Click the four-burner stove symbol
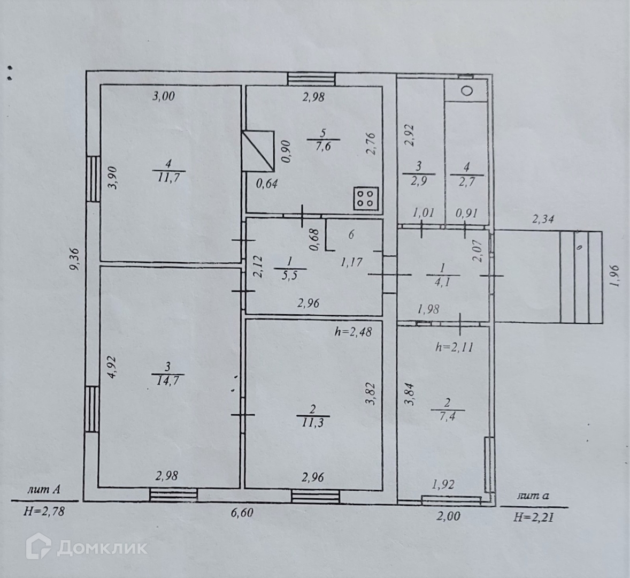tap(366, 199)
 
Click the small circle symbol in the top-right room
tap(467, 91)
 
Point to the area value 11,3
tap(312, 422)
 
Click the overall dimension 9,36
tap(75, 260)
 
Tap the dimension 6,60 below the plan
tap(242, 513)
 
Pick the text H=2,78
tap(44, 512)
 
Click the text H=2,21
tap(534, 517)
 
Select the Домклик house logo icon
tap(38, 546)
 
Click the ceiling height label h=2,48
tap(353, 332)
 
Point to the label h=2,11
tap(455, 347)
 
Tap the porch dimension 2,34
tap(543, 219)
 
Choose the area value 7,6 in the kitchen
tap(323, 146)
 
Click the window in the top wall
tap(311, 79)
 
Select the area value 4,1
tap(442, 283)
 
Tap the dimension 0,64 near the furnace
tap(267, 185)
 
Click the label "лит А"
tap(44, 490)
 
